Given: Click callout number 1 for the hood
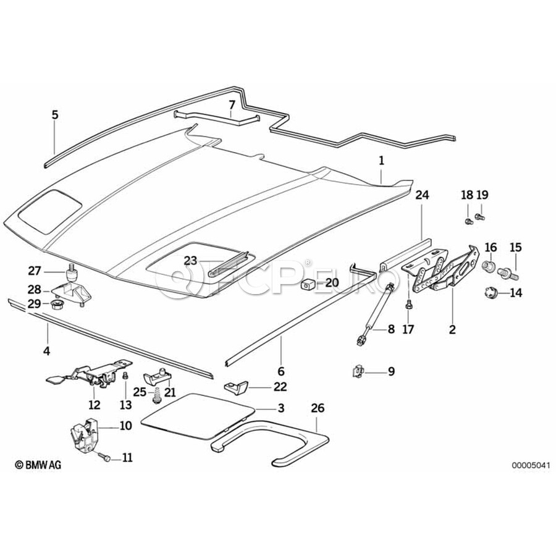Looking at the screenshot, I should [381, 160].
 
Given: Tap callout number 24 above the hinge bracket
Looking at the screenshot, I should [422, 196].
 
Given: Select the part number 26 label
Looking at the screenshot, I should [318, 408].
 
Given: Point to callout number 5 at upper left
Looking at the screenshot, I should [55, 114].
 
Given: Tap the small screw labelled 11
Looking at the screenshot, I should [106, 458].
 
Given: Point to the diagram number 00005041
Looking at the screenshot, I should [529, 465].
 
